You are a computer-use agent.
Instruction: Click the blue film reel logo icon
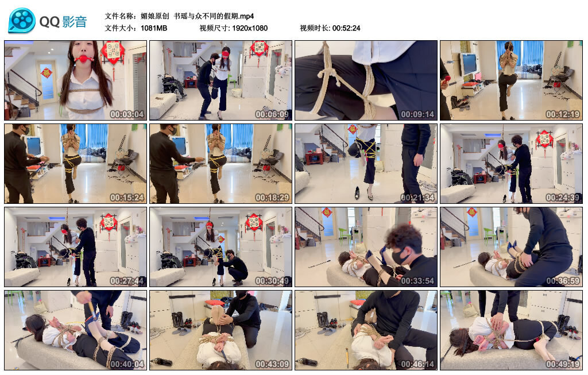(22, 21)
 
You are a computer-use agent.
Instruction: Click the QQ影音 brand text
(63, 22)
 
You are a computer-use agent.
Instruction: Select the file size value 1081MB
(154, 28)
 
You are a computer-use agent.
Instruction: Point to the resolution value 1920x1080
(250, 28)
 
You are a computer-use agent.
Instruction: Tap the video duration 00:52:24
(346, 28)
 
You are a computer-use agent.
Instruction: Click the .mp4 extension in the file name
(246, 16)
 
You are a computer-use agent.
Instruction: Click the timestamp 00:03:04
(127, 114)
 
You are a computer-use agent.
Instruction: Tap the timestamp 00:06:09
(272, 114)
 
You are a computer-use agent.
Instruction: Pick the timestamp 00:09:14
(417, 114)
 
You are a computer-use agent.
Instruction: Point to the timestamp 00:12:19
(563, 114)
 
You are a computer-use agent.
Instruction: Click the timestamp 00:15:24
(127, 197)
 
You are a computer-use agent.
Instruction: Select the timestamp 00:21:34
(417, 197)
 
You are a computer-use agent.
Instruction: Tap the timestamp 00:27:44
(127, 280)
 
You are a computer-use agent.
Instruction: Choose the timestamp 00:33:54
(417, 280)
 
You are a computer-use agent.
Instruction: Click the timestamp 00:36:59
(563, 280)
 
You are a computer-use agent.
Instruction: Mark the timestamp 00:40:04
(127, 364)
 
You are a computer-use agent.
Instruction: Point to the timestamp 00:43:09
(272, 364)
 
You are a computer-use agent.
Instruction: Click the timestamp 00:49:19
(563, 364)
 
